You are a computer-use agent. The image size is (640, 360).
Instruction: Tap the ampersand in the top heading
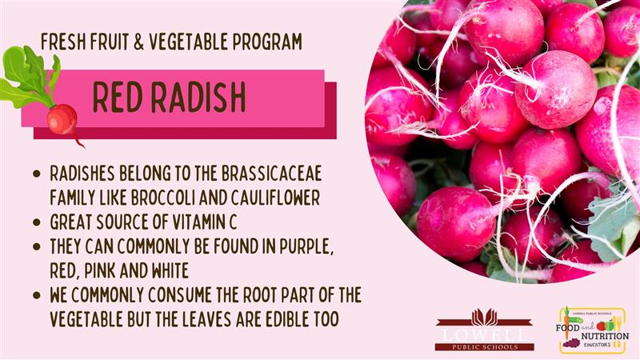[x=138, y=42]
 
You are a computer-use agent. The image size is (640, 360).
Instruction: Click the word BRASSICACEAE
[x=272, y=174]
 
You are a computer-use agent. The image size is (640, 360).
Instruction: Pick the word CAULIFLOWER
[x=275, y=198]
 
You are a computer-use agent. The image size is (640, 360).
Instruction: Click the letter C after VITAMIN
[x=232, y=222]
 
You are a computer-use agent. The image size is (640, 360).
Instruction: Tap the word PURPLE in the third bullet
[x=306, y=246]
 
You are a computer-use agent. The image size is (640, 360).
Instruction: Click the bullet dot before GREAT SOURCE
[x=37, y=222]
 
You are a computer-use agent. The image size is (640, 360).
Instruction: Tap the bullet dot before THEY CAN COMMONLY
[x=37, y=246]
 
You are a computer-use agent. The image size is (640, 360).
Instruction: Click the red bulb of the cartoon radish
[x=62, y=119]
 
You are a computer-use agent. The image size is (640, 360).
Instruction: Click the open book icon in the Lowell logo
[x=485, y=318]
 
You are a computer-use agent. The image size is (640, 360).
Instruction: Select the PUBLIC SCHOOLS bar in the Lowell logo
[x=485, y=347]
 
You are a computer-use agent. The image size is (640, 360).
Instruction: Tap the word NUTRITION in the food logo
[x=605, y=336]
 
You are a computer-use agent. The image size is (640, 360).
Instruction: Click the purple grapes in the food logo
[x=571, y=343]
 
